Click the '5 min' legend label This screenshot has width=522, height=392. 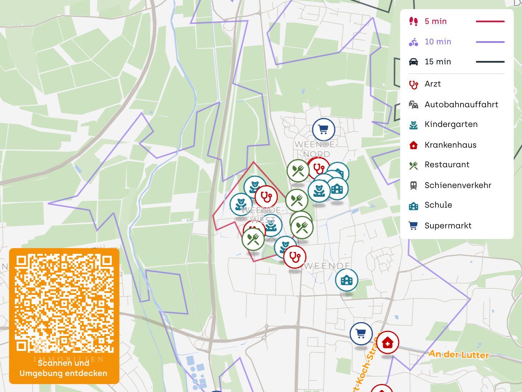[x=436, y=21]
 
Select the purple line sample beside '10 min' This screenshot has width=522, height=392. [x=490, y=42]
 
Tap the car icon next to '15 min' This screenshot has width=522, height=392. [x=413, y=62]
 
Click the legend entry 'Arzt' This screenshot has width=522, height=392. [x=433, y=84]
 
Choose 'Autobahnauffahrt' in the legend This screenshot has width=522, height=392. [x=461, y=105]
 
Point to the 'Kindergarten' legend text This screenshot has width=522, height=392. [x=451, y=124]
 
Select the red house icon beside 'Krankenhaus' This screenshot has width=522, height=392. [x=413, y=145]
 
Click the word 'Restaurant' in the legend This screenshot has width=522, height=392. [x=447, y=165]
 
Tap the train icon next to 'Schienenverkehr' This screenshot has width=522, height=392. [x=413, y=185]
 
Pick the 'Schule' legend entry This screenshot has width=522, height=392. [x=438, y=205]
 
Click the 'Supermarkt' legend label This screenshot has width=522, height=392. [x=448, y=226]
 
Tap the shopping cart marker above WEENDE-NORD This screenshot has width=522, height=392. [x=323, y=129]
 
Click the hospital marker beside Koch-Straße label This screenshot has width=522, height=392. [x=388, y=342]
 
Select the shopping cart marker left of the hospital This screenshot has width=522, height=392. [x=361, y=333]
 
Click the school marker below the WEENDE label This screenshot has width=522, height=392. [x=347, y=280]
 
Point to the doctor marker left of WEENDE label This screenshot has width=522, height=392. [x=295, y=257]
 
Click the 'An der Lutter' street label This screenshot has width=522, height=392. [x=459, y=354]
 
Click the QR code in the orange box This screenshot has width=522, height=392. [x=64, y=303]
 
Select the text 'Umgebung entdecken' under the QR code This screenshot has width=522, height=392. [x=63, y=373]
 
